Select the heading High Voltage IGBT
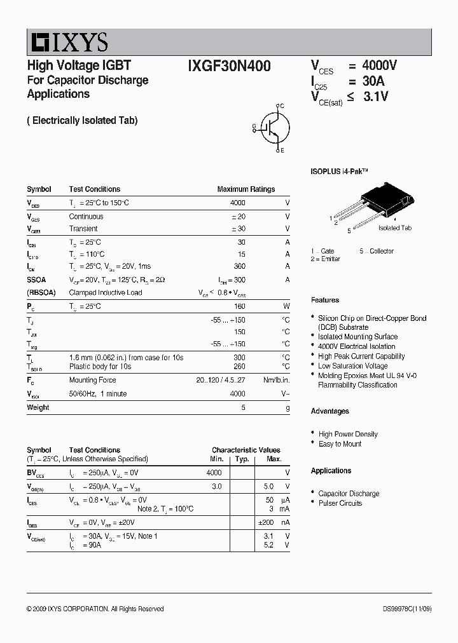[x=79, y=65]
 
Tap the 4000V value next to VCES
[x=379, y=66]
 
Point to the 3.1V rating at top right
[x=375, y=97]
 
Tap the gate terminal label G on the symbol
[x=254, y=126]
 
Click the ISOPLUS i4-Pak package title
[x=339, y=172]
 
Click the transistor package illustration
[x=375, y=203]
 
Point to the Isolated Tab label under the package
[x=394, y=227]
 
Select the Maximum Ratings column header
[x=246, y=189]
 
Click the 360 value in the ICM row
[x=240, y=266]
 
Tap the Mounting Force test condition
[x=92, y=380]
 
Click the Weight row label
[x=38, y=407]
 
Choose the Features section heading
[x=324, y=300]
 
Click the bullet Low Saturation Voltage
[x=352, y=366]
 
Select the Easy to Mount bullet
[x=340, y=444]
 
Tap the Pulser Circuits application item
[x=340, y=503]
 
